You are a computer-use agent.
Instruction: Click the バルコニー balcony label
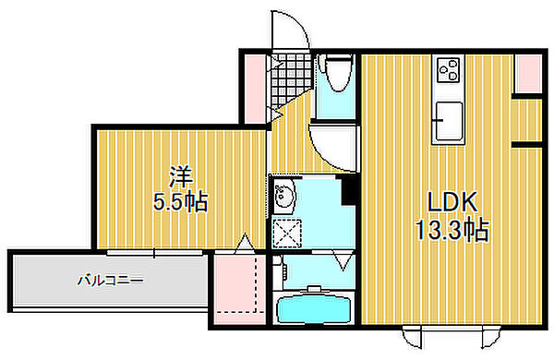pos(109,279)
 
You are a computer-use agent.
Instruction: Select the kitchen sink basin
pos(449,120)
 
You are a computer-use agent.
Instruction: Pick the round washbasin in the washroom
pos(283,196)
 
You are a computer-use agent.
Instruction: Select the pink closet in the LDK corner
pos(526,74)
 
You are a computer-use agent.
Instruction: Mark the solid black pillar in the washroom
pos(350,188)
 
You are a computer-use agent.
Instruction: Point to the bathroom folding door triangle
pos(343,263)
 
